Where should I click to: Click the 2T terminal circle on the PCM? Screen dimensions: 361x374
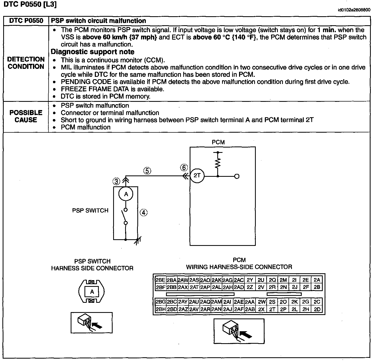[x=197, y=176]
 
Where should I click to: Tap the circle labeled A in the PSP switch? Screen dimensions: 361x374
[x=126, y=194]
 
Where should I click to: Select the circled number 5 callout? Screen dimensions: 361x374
[x=147, y=171]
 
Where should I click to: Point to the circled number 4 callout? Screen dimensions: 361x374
[x=143, y=212]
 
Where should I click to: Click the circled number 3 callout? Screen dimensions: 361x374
[x=116, y=182]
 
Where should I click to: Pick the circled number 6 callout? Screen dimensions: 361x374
[x=184, y=168]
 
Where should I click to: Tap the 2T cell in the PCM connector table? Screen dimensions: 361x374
[x=272, y=309]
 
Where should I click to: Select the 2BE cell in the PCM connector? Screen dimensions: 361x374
[x=160, y=280]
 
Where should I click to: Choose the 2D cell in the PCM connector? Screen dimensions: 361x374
[x=317, y=309]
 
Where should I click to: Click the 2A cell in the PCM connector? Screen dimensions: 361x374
[x=317, y=280]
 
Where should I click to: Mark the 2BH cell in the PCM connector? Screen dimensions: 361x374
[x=160, y=309]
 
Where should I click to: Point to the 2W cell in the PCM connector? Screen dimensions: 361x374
[x=262, y=302]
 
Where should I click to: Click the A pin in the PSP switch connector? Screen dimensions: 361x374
[x=92, y=292]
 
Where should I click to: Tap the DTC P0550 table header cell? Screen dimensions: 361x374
[x=26, y=21]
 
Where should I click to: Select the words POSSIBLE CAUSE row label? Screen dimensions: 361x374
[x=26, y=116]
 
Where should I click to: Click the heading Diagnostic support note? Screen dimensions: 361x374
[x=92, y=52]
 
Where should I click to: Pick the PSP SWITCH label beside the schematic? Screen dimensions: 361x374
[x=90, y=211]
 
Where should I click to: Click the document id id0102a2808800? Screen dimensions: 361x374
[x=354, y=10]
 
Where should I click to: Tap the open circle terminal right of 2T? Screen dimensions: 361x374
[x=237, y=176]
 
